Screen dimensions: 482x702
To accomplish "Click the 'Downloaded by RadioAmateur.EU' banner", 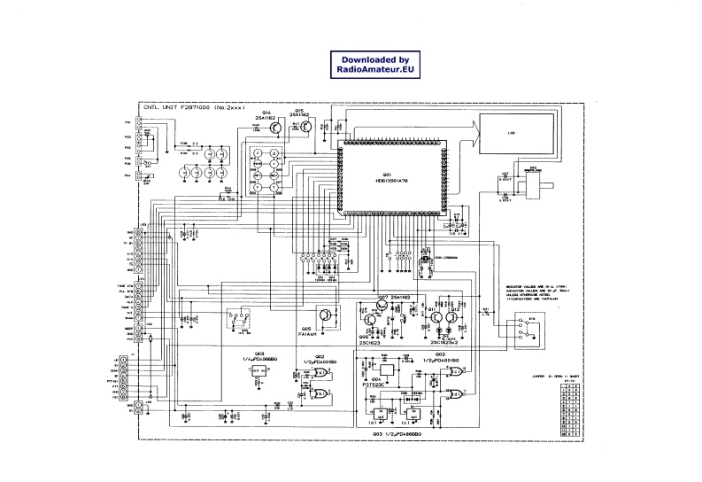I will [x=374, y=65].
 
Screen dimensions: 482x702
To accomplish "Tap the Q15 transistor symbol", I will [x=306, y=126].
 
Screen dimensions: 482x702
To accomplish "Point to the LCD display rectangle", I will [x=511, y=135].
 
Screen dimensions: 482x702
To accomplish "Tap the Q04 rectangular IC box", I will [x=387, y=370].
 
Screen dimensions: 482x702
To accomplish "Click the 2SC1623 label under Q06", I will [x=370, y=341].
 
